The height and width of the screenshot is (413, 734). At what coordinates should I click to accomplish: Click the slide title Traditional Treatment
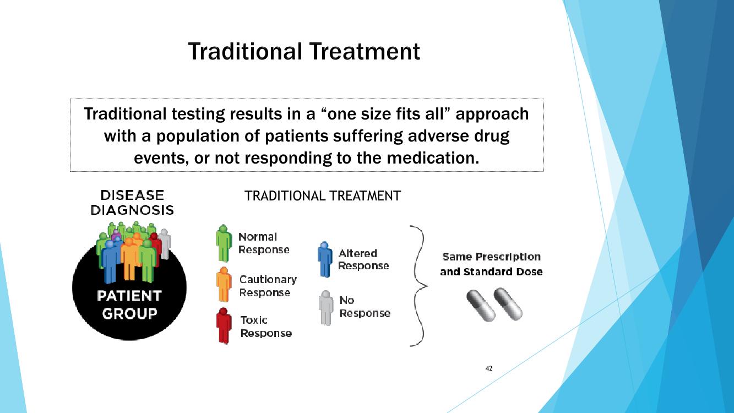point(304,51)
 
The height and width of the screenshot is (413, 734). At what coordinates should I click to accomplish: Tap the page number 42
point(489,368)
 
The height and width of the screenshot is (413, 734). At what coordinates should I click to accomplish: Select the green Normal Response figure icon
point(224,243)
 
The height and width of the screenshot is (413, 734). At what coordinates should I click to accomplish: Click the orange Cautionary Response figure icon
point(224,284)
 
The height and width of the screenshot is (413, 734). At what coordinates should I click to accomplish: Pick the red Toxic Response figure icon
point(224,325)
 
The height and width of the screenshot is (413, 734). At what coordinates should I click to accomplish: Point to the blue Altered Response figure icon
point(325,259)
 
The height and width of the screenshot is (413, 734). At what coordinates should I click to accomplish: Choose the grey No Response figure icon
point(326,308)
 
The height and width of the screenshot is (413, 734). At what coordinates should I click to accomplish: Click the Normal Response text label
point(264,243)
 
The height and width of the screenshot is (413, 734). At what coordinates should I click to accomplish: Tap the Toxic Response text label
point(266,327)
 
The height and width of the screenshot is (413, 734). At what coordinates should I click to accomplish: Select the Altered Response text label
point(363,259)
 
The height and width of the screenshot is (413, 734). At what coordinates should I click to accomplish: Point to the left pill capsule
point(481,306)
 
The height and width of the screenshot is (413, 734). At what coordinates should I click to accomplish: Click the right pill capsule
point(508,304)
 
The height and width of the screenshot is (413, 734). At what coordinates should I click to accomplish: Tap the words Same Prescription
point(491,257)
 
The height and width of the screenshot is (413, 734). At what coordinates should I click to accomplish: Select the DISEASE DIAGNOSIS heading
point(132,203)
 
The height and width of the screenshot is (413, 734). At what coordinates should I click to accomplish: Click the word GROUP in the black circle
point(129,314)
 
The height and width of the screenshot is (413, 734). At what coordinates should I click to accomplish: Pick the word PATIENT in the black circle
point(129,296)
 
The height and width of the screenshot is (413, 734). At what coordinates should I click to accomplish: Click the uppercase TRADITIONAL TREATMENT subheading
point(323,196)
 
